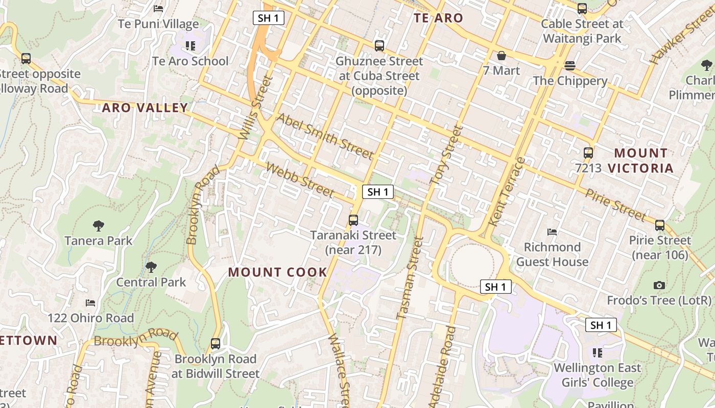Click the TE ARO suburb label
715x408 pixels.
click(x=438, y=18)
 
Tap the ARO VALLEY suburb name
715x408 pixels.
click(x=145, y=108)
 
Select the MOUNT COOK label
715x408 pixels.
click(x=277, y=272)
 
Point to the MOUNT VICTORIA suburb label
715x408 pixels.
click(x=643, y=160)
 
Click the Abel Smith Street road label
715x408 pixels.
click(x=325, y=136)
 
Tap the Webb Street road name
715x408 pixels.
click(x=300, y=180)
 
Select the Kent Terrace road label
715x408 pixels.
click(x=507, y=192)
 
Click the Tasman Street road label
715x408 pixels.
click(x=410, y=278)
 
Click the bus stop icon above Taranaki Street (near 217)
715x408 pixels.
click(x=353, y=220)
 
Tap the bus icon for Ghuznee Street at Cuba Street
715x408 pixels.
click(x=379, y=46)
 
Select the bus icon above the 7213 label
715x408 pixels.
click(x=588, y=152)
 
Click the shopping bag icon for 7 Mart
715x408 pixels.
click(x=502, y=56)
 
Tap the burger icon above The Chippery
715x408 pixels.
click(x=570, y=66)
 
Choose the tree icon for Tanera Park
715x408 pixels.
click(x=98, y=225)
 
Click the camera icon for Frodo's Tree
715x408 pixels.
click(x=659, y=286)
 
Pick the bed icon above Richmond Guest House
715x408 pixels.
click(x=552, y=232)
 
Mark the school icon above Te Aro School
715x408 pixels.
click(x=190, y=46)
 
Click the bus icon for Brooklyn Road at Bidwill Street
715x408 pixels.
click(x=216, y=344)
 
